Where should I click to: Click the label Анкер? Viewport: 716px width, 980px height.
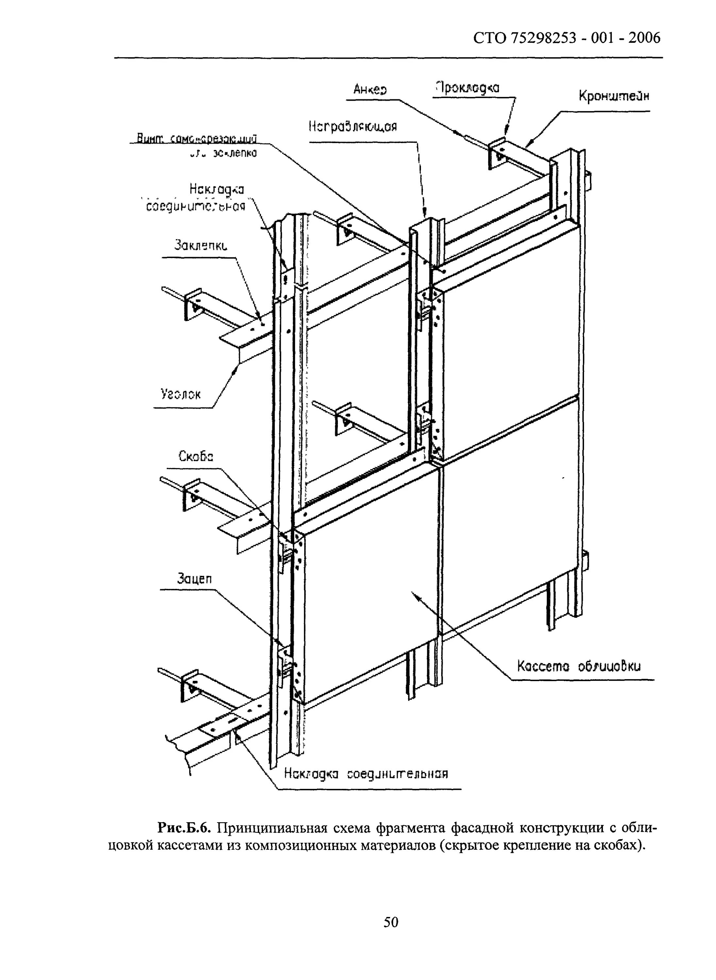click(370, 89)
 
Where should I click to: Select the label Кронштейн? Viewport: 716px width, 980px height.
click(614, 96)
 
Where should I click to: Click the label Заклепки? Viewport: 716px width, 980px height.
click(201, 246)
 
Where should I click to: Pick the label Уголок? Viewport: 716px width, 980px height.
click(181, 394)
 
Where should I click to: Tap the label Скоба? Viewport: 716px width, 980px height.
click(196, 457)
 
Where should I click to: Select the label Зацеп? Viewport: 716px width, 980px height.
click(194, 579)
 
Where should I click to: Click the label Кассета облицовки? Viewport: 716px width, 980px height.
click(579, 665)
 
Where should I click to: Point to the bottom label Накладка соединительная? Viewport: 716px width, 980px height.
click(366, 773)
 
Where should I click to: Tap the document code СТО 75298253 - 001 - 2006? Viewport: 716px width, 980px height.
click(567, 39)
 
